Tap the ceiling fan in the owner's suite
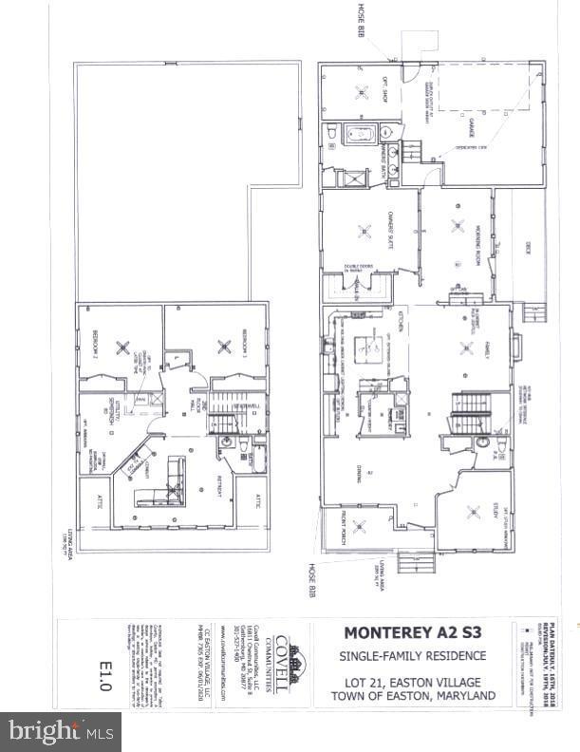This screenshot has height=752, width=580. point(364,231)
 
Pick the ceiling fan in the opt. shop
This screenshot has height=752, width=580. point(362,93)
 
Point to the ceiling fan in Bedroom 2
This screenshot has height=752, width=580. point(122,347)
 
